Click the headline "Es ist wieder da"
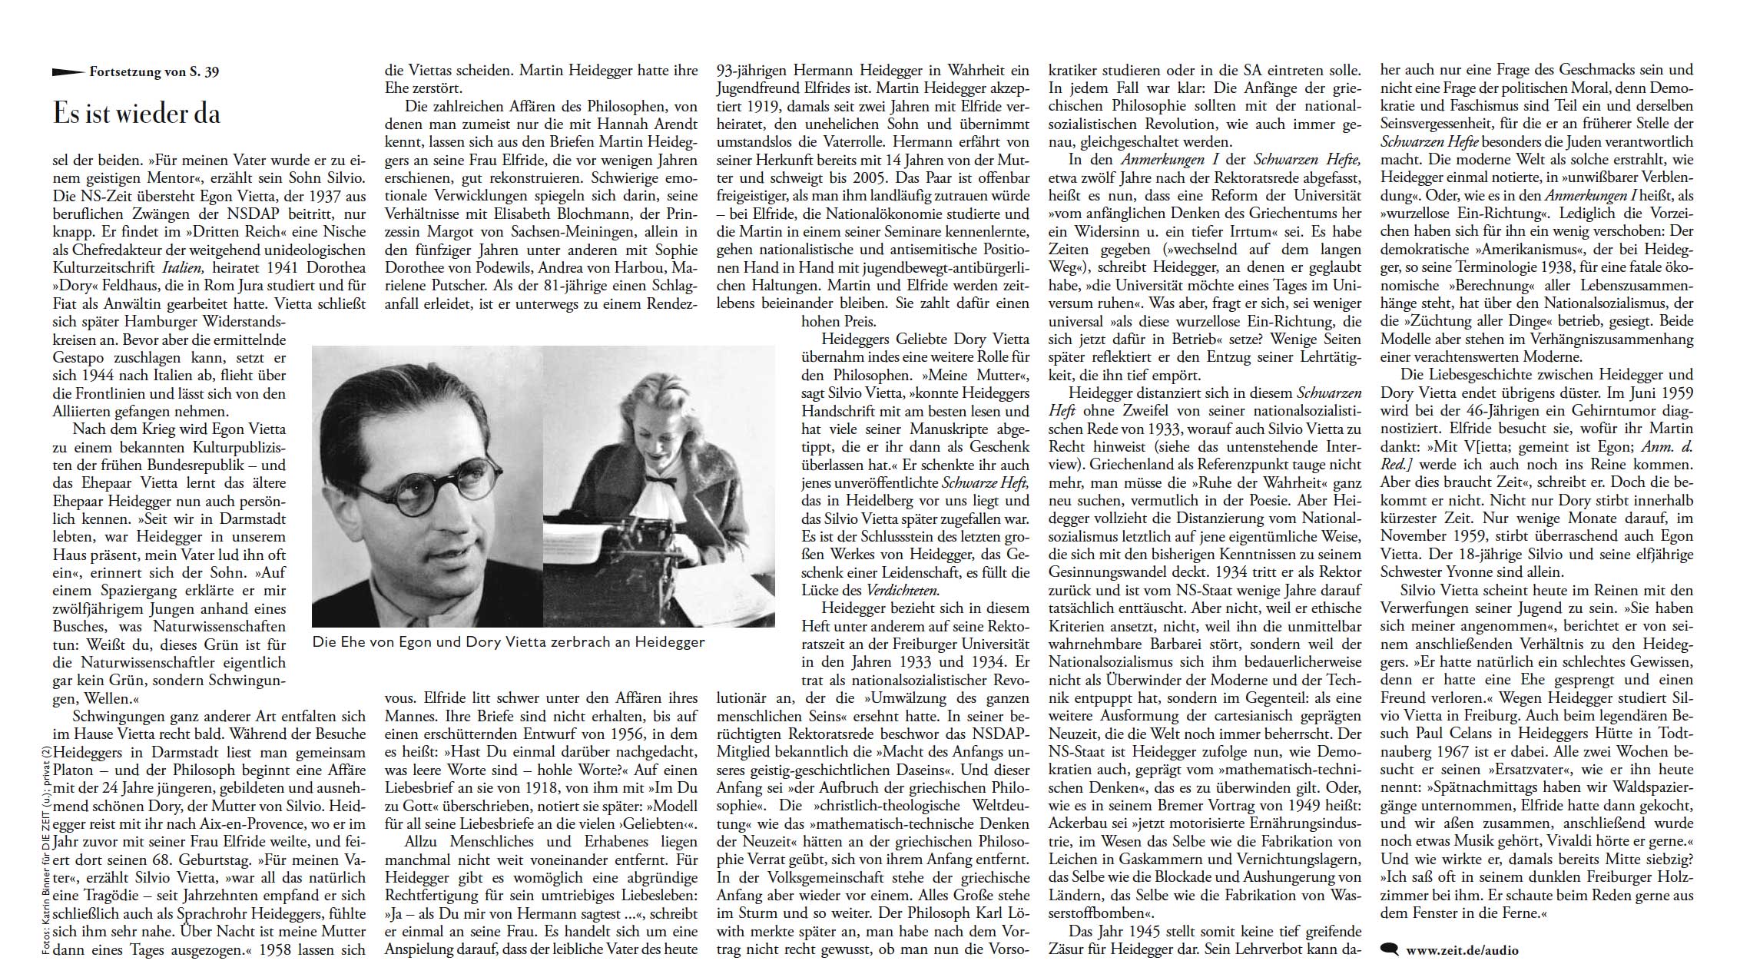(137, 114)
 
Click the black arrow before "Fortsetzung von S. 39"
(68, 72)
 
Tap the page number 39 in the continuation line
(211, 72)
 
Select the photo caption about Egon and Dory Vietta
(508, 642)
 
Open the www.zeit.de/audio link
(1462, 950)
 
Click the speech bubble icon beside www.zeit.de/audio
(1390, 949)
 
